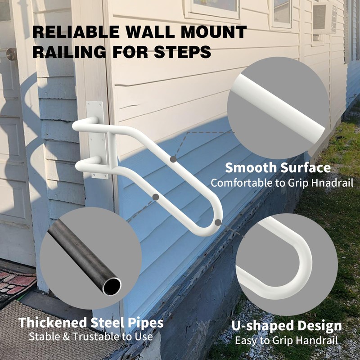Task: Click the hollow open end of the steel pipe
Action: (111, 286)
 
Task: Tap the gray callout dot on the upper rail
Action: (173, 159)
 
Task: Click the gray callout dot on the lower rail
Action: (156, 197)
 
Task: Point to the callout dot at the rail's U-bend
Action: (218, 222)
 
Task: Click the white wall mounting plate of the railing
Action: (96, 139)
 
